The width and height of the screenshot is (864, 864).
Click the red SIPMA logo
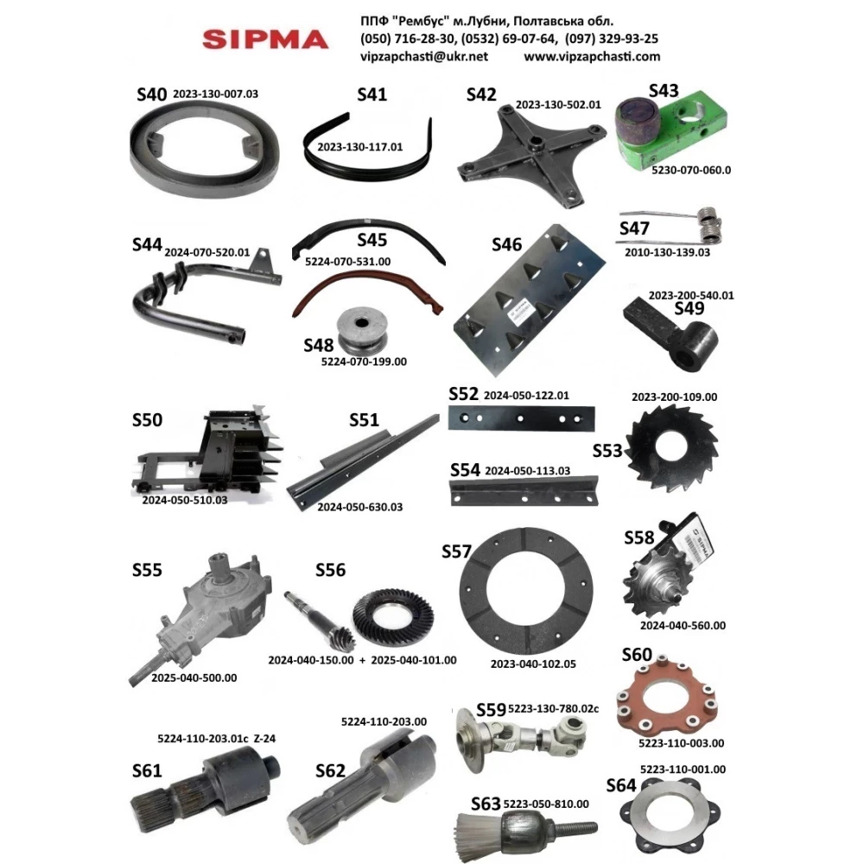click(264, 39)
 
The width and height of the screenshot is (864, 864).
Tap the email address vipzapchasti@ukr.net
click(424, 56)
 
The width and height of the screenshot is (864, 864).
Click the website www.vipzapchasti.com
click(592, 56)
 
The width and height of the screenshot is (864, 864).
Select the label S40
click(152, 94)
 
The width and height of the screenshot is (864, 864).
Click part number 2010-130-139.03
click(667, 252)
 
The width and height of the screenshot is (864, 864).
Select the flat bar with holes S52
click(520, 418)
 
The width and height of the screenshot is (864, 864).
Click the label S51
click(364, 420)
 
